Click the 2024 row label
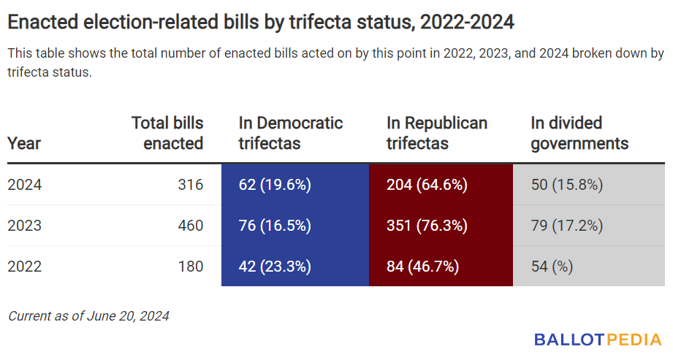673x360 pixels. click(24, 185)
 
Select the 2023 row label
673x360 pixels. click(24, 225)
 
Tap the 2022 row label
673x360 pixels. click(24, 266)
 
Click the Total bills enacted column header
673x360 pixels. click(167, 133)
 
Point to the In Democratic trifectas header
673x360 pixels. click(291, 133)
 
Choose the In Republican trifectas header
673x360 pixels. click(437, 133)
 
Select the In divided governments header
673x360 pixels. click(579, 133)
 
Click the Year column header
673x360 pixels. click(24, 143)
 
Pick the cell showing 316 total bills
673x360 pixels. click(191, 185)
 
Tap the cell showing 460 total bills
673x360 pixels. click(191, 225)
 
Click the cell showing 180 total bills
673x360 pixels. click(191, 266)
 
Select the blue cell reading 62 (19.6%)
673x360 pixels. click(295, 185)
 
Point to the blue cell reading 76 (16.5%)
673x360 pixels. click(295, 225)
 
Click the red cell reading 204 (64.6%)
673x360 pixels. click(441, 185)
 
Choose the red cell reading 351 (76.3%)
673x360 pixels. click(441, 225)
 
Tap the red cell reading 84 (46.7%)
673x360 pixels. click(441, 266)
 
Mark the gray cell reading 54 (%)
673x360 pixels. click(589, 266)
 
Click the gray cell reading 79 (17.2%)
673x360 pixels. click(589, 225)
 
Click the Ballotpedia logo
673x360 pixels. click(598, 340)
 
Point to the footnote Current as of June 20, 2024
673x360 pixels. click(88, 316)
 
